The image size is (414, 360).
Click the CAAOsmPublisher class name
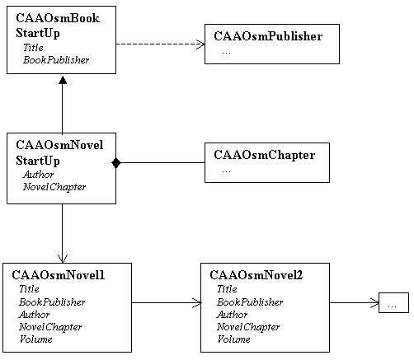pos(268,36)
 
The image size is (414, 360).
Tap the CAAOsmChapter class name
pos(265,155)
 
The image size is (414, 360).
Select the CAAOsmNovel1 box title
pos(59,275)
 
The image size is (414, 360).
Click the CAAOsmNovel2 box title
pos(256,275)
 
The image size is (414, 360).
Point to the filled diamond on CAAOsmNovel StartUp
pos(116,163)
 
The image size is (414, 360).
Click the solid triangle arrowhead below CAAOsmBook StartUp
pos(63,80)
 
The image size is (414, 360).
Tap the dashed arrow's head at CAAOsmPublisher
pos(200,44)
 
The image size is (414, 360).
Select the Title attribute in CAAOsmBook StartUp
pos(33,48)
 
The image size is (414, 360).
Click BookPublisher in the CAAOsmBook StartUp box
pos(56,60)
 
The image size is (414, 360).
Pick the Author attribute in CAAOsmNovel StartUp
pos(38,175)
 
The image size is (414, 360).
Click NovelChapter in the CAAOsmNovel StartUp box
pos(54,187)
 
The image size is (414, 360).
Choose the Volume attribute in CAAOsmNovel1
pos(35,339)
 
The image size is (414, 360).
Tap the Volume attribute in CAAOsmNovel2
pos(233,339)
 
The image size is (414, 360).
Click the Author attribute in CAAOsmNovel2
pos(232,315)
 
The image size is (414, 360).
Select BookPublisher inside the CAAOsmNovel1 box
pos(52,302)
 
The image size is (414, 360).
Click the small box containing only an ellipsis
pos(393,302)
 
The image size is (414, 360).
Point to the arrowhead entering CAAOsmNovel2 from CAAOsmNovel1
pos(197,302)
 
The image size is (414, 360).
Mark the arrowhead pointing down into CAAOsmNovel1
pos(63,259)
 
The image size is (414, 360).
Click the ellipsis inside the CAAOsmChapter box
pos(226,171)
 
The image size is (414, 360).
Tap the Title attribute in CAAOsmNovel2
pos(227,289)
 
